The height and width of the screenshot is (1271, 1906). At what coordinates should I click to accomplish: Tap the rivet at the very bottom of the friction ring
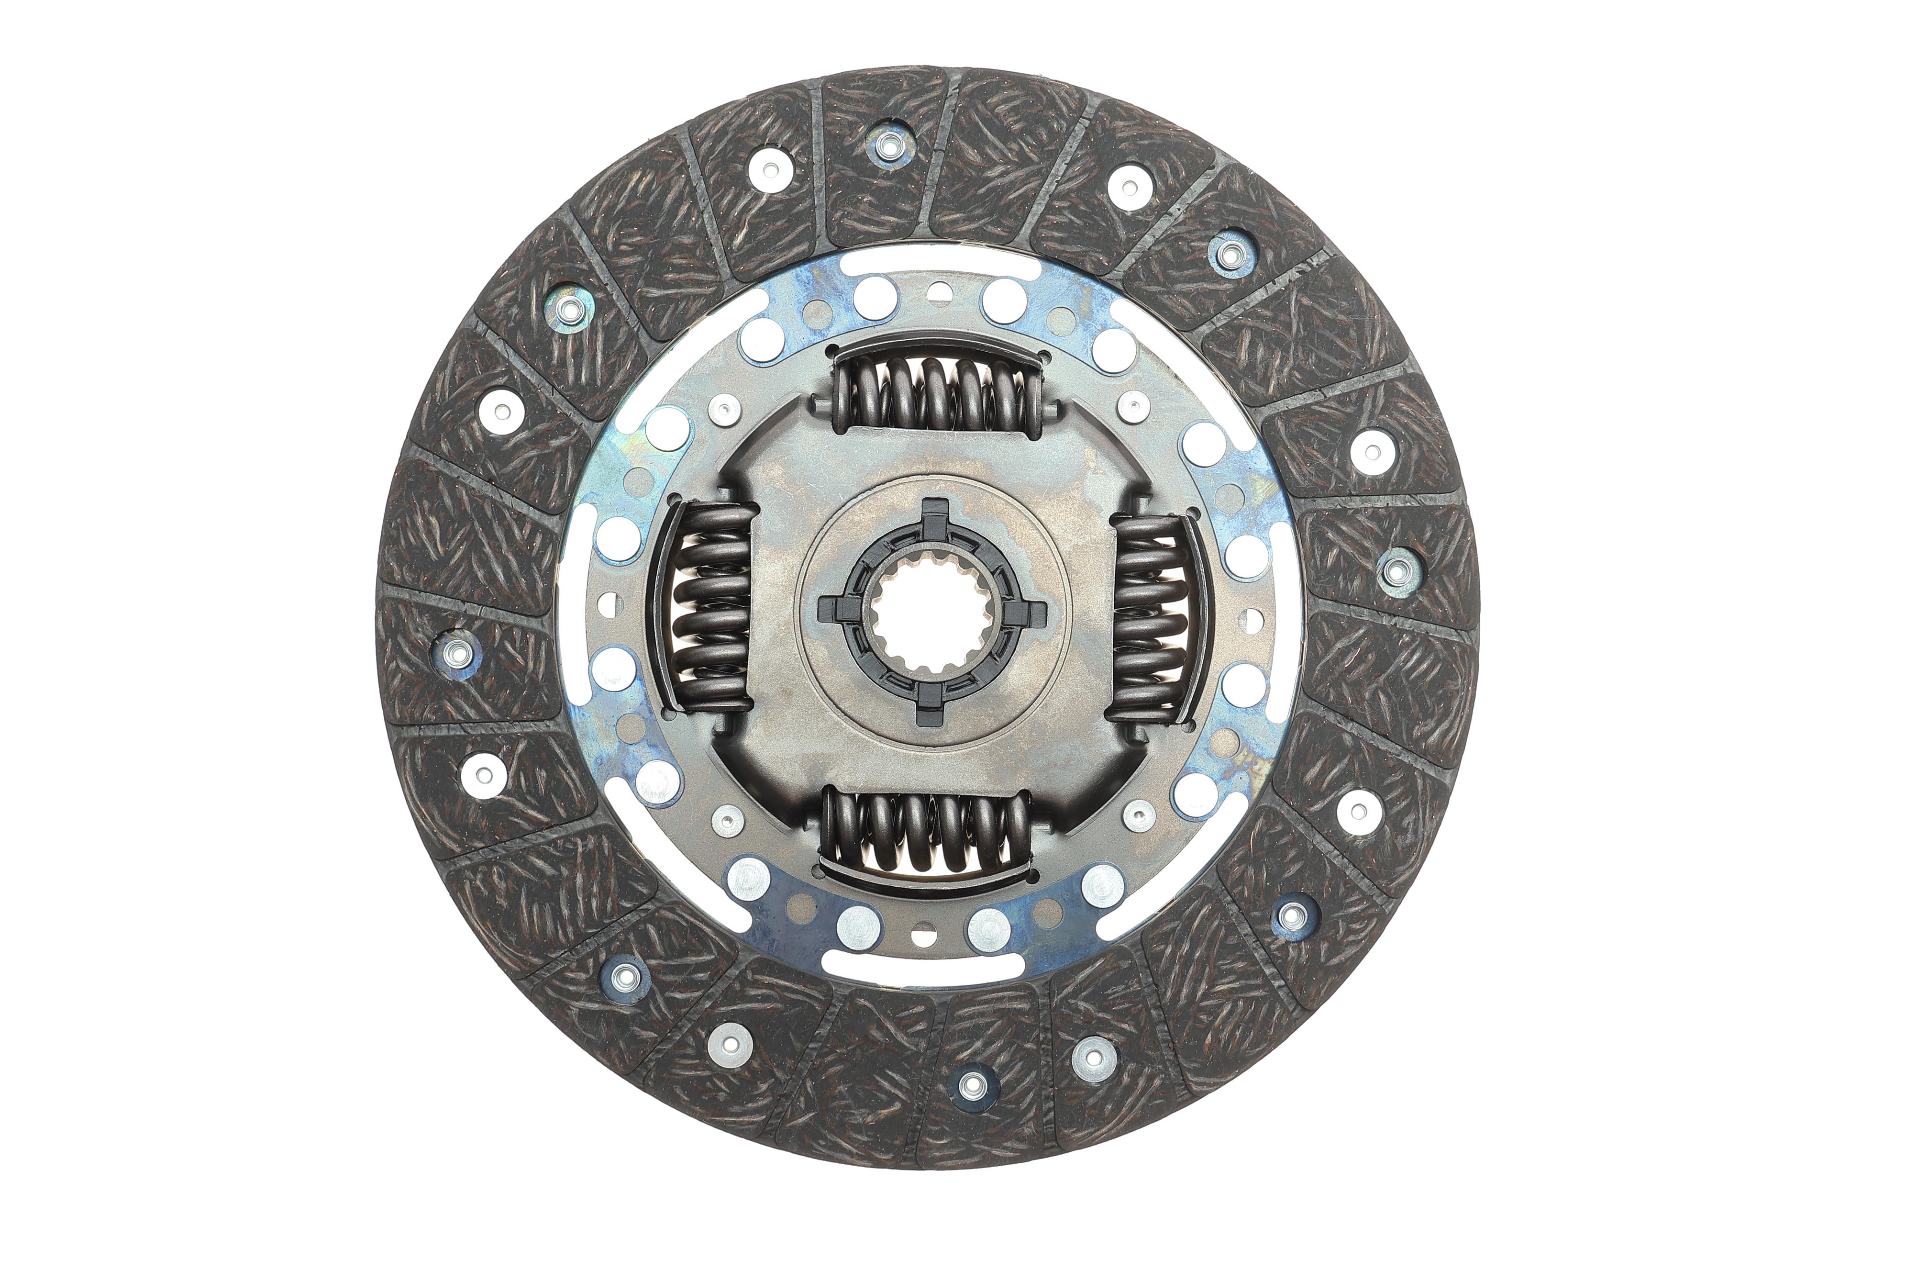pos(973,1084)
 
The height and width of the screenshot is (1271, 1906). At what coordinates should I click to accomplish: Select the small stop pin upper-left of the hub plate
pos(724,409)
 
